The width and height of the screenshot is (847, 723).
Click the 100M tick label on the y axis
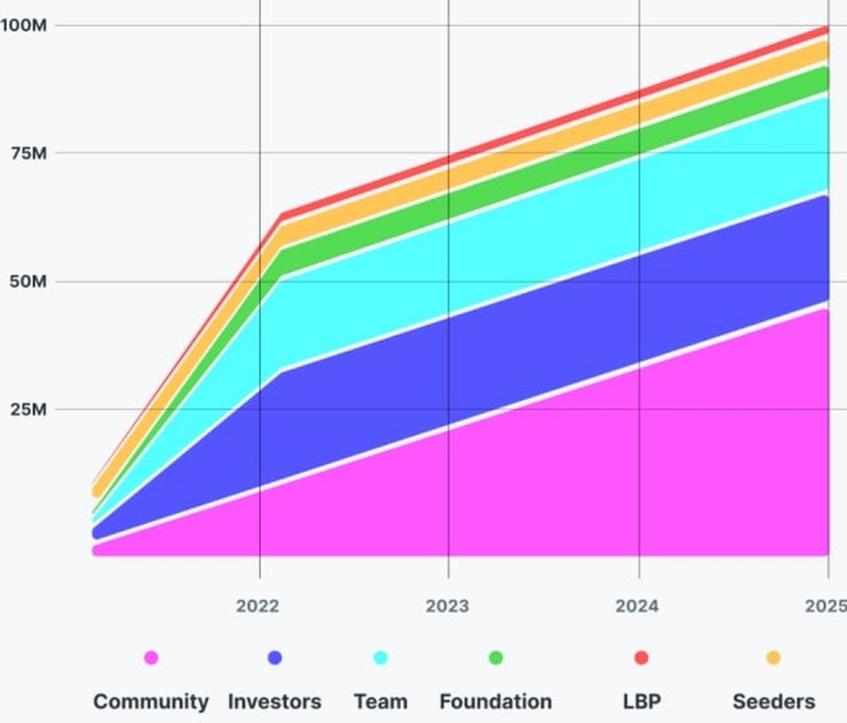tap(23, 25)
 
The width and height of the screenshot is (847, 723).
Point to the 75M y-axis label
tap(29, 153)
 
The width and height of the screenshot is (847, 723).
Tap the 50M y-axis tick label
tap(29, 282)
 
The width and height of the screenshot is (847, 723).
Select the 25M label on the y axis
tap(29, 410)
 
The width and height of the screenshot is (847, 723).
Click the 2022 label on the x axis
tap(258, 606)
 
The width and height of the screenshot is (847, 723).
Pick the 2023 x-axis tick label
tap(447, 606)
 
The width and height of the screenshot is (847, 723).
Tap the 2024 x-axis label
tap(637, 606)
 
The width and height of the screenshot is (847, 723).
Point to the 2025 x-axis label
tap(825, 606)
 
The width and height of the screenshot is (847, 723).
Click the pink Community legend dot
tap(151, 658)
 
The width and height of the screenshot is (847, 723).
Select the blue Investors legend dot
tap(275, 658)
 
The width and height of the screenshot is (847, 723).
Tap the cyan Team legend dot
tap(380, 658)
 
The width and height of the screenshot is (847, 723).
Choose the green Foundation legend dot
tap(495, 658)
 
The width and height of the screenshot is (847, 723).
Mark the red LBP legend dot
tap(642, 658)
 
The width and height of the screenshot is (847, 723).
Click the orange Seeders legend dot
tap(774, 658)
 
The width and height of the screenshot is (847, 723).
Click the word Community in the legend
tap(151, 702)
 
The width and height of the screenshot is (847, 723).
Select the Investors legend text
tap(275, 702)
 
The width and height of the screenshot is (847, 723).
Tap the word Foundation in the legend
tap(495, 702)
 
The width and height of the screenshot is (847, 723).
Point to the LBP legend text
tap(642, 702)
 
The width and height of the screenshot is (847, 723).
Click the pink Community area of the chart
tap(565, 480)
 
